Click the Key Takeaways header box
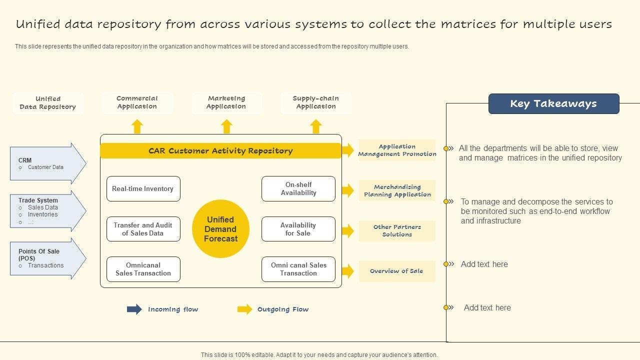coord(553,103)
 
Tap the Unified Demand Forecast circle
coord(220,229)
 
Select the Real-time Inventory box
coord(143,189)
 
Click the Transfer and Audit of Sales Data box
coord(143,229)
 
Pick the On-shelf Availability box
coord(298,189)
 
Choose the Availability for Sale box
coord(298,229)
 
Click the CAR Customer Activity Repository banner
coord(220,151)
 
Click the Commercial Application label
coord(137,102)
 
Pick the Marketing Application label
coord(226,102)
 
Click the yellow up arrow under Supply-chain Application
coord(316,126)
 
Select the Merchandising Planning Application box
coord(397,190)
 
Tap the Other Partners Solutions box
coord(397,230)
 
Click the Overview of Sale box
coord(397,271)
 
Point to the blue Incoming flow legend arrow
coord(134,309)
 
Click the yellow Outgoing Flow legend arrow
coord(244,309)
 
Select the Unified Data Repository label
coord(48,103)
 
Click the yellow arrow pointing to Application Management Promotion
coord(348,150)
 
